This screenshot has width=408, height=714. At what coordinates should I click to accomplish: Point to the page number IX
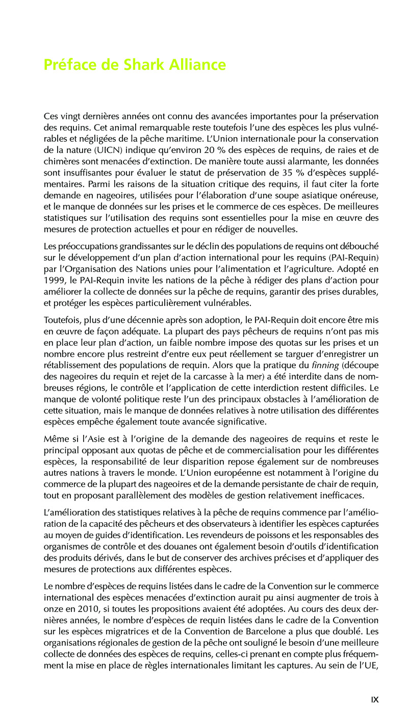[x=375, y=700]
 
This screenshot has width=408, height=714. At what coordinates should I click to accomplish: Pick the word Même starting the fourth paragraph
[x=55, y=439]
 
